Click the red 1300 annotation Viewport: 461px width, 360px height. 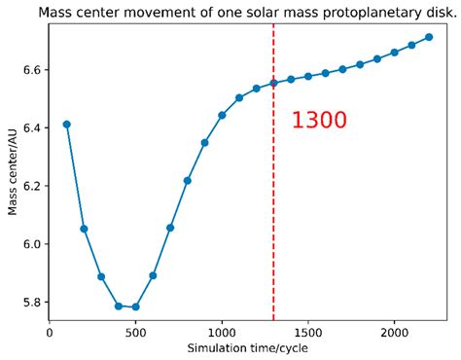(x=319, y=121)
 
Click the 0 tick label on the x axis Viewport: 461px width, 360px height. (x=50, y=331)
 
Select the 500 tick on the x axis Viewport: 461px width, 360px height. (x=135, y=331)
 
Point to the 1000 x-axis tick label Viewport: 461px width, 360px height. (x=222, y=331)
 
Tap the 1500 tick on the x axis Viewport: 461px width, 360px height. (x=307, y=331)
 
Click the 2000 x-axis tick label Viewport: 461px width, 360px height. (x=394, y=331)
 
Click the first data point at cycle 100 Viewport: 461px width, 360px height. (x=67, y=124)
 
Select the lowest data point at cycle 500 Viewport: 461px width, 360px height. (x=135, y=306)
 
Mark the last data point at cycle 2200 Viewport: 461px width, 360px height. (x=428, y=37)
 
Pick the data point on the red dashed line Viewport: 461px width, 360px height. (x=273, y=83)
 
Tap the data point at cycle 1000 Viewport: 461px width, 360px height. (x=222, y=115)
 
